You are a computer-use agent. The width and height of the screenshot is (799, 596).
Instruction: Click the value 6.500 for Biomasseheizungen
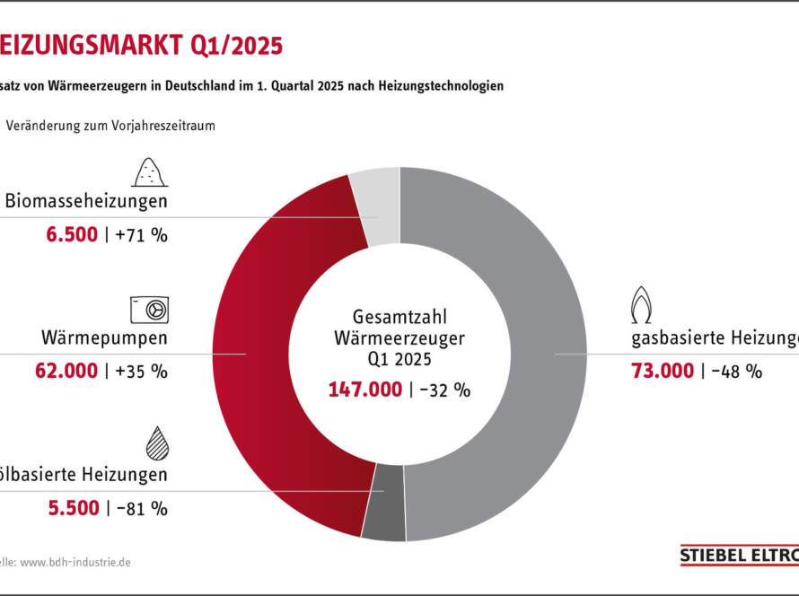(x=73, y=235)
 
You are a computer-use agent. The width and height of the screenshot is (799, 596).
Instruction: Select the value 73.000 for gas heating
(x=661, y=371)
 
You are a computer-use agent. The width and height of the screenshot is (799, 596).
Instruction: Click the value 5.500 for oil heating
(x=73, y=507)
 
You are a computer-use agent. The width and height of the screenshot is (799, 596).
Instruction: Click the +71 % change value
(x=142, y=235)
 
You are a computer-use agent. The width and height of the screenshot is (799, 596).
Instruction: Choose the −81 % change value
(x=142, y=507)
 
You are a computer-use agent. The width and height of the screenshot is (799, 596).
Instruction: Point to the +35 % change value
(x=141, y=371)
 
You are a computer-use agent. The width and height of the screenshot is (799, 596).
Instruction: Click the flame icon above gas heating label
(x=642, y=305)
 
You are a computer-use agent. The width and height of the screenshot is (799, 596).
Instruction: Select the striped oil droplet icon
(x=157, y=443)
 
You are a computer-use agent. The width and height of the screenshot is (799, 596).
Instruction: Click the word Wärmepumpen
(x=104, y=339)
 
